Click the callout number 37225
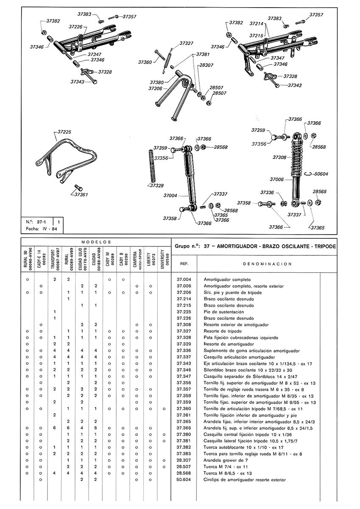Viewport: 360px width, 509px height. (x=64, y=132)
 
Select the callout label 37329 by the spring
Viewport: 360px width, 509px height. (x=157, y=185)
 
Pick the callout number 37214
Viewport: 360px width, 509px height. (x=257, y=24)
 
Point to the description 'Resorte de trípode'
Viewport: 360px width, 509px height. (x=223, y=331)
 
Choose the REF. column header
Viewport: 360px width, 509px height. (x=184, y=263)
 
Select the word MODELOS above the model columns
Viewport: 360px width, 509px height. (x=96, y=241)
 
